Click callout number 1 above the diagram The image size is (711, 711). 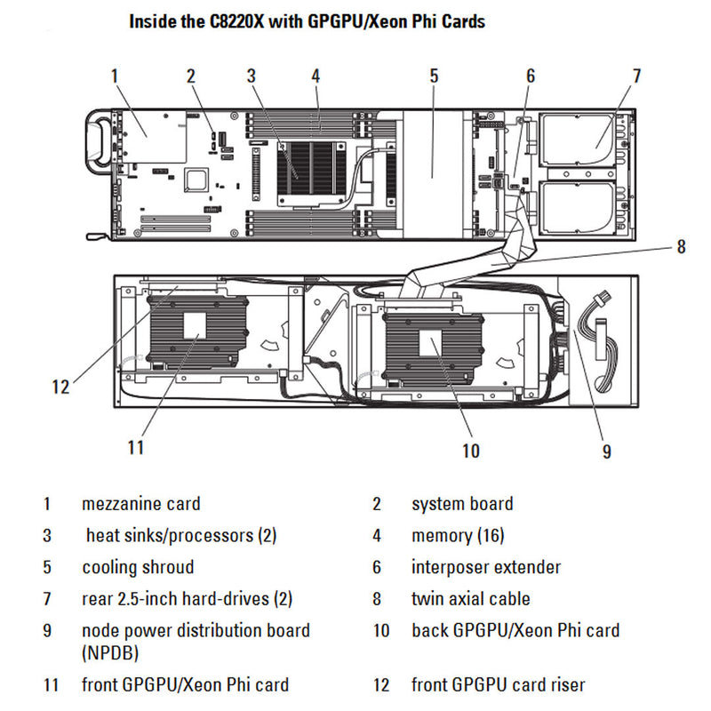pyautogui.click(x=114, y=76)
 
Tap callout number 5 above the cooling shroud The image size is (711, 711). pyautogui.click(x=434, y=76)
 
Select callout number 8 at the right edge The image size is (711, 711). pyautogui.click(x=681, y=247)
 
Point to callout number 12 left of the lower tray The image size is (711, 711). pyautogui.click(x=60, y=387)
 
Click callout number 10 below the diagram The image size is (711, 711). pyautogui.click(x=470, y=451)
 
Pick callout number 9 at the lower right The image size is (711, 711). pyautogui.click(x=606, y=451)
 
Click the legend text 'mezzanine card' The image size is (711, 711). pyautogui.click(x=140, y=504)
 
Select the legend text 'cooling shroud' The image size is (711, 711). pyautogui.click(x=138, y=567)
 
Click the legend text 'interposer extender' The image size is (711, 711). pyautogui.click(x=485, y=567)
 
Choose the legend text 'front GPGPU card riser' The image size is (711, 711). pyautogui.click(x=498, y=685)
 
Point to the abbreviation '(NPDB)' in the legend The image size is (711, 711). pyautogui.click(x=110, y=653)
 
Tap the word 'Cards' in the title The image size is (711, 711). pyautogui.click(x=461, y=20)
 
